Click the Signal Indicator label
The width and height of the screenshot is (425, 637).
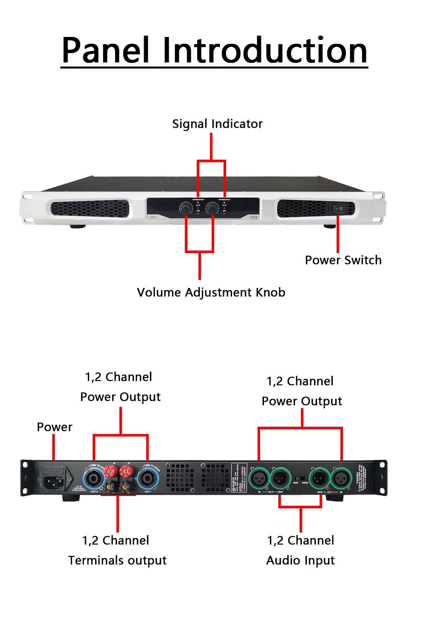tap(217, 124)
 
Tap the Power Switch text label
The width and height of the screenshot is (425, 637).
tap(343, 260)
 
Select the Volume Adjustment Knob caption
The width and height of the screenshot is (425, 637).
tap(211, 292)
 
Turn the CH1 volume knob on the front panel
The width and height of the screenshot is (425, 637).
tap(186, 209)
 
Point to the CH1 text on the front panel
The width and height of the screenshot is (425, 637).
tap(153, 217)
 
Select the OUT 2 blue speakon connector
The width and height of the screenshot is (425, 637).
tap(93, 479)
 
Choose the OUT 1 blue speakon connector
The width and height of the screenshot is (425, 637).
tap(148, 479)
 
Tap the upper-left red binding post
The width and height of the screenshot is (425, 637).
tap(113, 471)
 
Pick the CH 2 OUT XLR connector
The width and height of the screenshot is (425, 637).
tap(280, 479)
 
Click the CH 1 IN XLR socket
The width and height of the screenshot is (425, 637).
tap(341, 479)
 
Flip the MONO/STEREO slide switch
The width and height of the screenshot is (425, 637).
tap(300, 479)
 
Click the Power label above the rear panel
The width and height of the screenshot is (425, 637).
tap(54, 427)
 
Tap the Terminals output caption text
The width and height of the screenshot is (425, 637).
tap(117, 560)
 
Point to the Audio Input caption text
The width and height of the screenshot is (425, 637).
tap(300, 560)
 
